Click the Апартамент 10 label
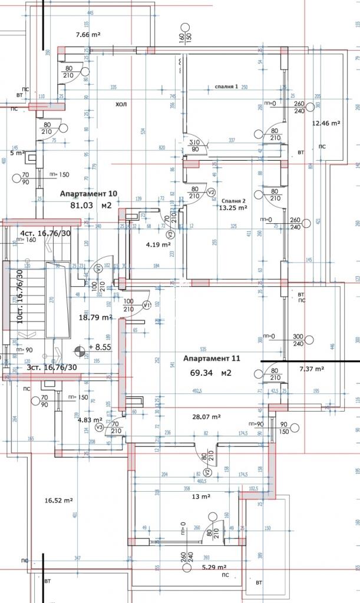pyautogui.click(x=89, y=193)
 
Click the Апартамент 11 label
pyautogui.click(x=212, y=358)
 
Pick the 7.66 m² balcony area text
pyautogui.click(x=88, y=35)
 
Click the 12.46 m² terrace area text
pyautogui.click(x=327, y=123)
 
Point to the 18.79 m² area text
pyautogui.click(x=96, y=317)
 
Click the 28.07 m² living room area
pyautogui.click(x=206, y=416)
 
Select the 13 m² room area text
pyautogui.click(x=201, y=496)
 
